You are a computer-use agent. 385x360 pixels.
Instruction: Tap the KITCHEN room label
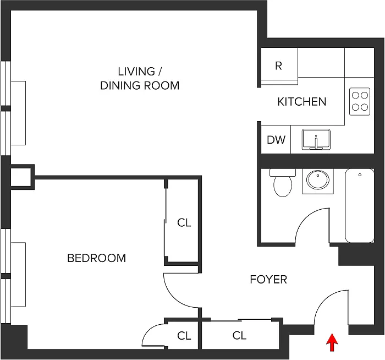[x=301, y=102]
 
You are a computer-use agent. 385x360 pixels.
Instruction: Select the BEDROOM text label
[x=96, y=258]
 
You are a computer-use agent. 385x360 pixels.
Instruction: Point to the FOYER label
[x=268, y=280]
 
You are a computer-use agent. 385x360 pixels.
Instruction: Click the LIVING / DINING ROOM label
[x=140, y=78]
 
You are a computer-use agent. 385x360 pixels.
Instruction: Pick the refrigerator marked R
[x=278, y=66]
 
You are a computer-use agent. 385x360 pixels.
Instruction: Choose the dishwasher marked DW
[x=276, y=140]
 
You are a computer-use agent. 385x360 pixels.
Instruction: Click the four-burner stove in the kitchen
[x=360, y=101]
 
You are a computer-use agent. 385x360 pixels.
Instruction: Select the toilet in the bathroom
[x=283, y=183]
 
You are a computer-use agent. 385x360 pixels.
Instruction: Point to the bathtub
[x=360, y=205]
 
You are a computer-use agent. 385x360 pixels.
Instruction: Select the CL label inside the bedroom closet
[x=184, y=223]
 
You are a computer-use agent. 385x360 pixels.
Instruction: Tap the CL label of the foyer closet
[x=239, y=335]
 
